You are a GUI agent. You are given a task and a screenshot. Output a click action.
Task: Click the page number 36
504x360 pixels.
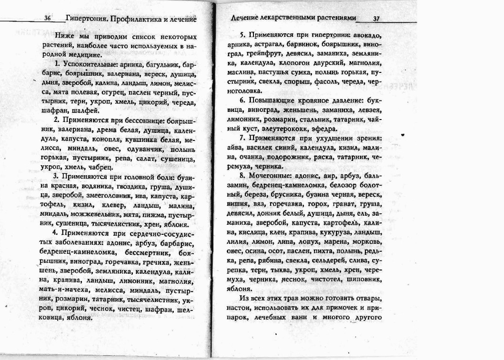pos(47,19)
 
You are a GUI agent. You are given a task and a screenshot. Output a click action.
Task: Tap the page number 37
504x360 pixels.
pos(376,19)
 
